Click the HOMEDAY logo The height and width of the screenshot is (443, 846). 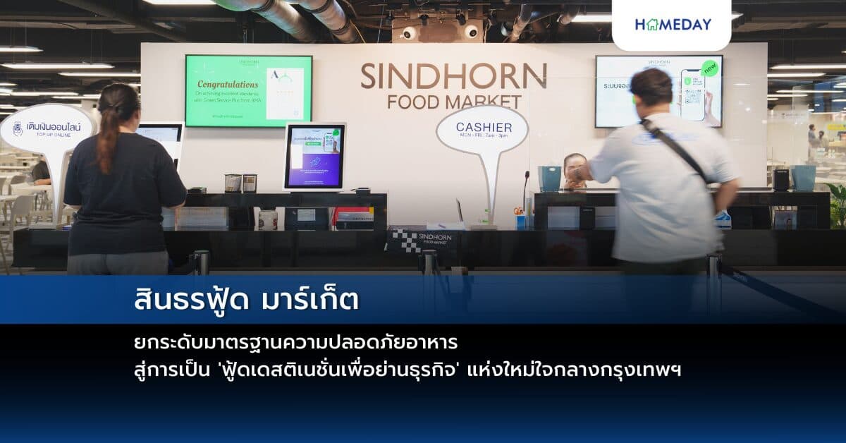pyautogui.click(x=673, y=24)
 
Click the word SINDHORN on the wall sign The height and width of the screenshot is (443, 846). pyautogui.click(x=453, y=76)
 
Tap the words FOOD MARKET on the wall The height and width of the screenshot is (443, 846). pyautogui.click(x=454, y=102)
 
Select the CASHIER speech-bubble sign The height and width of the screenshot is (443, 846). pyautogui.click(x=482, y=130)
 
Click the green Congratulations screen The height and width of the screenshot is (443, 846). pyautogui.click(x=248, y=91)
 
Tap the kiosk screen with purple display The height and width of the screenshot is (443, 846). pyautogui.click(x=314, y=157)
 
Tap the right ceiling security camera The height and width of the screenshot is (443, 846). pyautogui.click(x=470, y=31)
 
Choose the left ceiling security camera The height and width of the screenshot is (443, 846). pyautogui.click(x=408, y=32)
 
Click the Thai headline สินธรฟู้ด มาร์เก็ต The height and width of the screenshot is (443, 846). pyautogui.click(x=246, y=300)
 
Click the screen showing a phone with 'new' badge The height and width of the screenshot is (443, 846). pyautogui.click(x=658, y=92)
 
